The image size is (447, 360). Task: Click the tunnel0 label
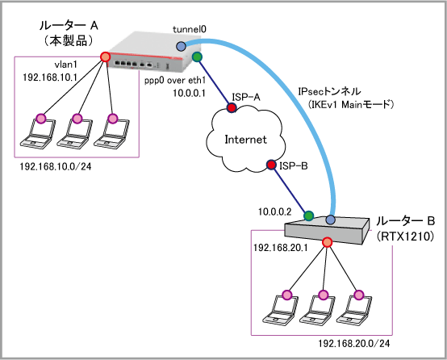[x=190, y=29]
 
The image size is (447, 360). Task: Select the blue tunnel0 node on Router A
[x=181, y=46]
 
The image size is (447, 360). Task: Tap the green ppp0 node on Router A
[x=197, y=57]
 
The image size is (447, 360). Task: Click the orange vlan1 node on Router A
[x=105, y=57]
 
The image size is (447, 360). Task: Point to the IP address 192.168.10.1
[x=50, y=77]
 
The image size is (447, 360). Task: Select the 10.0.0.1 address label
[x=189, y=93]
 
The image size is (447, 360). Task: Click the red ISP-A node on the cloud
[x=232, y=107]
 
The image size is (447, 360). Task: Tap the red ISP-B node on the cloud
[x=271, y=165]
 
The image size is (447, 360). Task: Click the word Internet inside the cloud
[x=246, y=140]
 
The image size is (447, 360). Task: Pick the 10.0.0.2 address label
[x=275, y=211]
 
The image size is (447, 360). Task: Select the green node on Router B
[x=308, y=216]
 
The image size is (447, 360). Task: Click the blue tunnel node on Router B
[x=330, y=220]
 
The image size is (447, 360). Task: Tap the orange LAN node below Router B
[x=328, y=242]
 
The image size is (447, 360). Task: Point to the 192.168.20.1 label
[x=281, y=248]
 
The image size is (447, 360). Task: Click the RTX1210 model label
[x=405, y=237]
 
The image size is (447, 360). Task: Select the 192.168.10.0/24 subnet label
[x=56, y=166]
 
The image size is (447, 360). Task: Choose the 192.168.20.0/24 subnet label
[x=353, y=344]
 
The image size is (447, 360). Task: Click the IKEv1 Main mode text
[x=350, y=104]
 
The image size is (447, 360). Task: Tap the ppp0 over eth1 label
[x=175, y=81]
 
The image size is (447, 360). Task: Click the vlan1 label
[x=66, y=65]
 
